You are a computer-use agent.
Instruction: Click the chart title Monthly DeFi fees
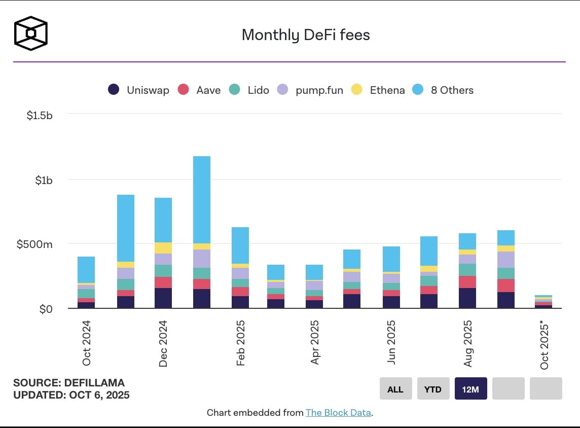coord(306,35)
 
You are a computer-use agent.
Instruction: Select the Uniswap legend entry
coord(138,90)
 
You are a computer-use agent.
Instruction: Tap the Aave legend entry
coord(199,90)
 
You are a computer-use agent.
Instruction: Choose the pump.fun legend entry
coord(310,90)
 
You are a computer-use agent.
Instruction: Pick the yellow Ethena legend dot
coord(357,90)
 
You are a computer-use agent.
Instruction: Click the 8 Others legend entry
coord(443,90)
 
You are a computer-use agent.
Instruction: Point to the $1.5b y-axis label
coord(40,116)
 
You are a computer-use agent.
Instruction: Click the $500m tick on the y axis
coord(34,244)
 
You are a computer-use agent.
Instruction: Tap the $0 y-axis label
coord(46,309)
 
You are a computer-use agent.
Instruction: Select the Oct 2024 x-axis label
coord(87,343)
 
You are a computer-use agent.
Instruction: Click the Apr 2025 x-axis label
coord(315,342)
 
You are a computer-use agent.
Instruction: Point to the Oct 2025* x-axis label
coord(545,345)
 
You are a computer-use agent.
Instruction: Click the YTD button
coord(433,389)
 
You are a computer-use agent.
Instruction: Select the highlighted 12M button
coord(470,389)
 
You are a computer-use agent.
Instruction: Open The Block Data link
coord(338,413)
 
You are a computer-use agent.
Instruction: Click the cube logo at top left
coord(31,33)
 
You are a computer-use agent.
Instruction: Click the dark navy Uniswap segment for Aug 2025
coord(467,298)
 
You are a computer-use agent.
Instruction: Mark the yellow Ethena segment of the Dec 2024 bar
coord(163,248)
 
